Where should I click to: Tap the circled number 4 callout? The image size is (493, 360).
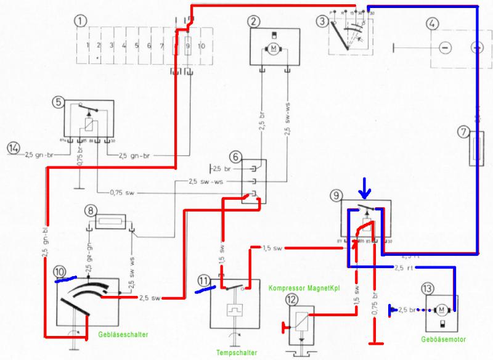433,24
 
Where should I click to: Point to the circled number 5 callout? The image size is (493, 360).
59,102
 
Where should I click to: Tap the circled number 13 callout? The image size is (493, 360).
427,288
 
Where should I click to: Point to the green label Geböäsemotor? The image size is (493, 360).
443,339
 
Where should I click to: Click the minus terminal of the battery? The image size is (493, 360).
446,47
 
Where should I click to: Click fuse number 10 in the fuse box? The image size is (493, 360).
202,46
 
